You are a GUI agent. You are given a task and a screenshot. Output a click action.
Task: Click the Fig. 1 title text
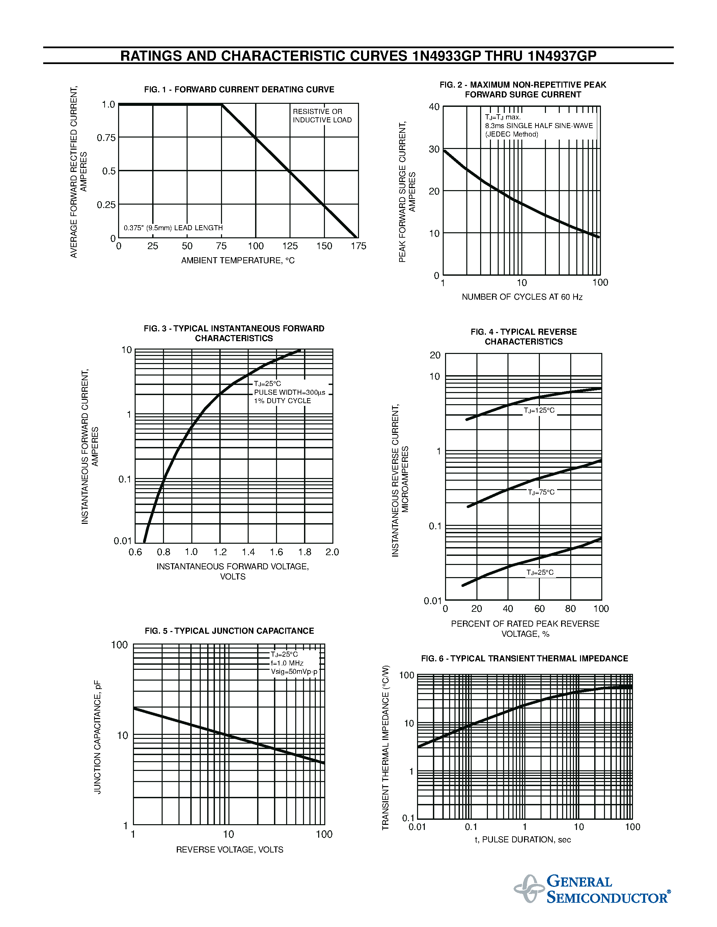pos(239,90)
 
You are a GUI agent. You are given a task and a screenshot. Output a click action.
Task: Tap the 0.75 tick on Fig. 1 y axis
pos(106,138)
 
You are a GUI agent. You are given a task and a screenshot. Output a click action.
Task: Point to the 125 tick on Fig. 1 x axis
pos(290,246)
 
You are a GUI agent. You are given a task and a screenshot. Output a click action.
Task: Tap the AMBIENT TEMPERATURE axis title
pos(238,261)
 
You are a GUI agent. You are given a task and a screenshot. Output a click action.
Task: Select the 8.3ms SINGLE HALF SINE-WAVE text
pos(539,126)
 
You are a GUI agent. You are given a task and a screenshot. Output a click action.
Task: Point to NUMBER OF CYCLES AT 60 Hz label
pos(522,297)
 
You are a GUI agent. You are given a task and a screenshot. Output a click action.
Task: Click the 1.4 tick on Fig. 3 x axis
pos(248,552)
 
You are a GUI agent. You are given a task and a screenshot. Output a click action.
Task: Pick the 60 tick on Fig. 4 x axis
pos(540,609)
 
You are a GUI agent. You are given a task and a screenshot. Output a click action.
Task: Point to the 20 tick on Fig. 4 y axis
pos(435,355)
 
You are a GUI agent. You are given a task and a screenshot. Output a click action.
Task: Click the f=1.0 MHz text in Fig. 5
pos(287,663)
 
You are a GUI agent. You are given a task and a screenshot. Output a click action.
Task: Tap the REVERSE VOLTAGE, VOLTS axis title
pos(229,850)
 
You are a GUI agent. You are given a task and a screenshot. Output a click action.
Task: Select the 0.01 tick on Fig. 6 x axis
pos(417,827)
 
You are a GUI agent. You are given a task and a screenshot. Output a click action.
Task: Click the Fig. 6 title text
pos(524,659)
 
